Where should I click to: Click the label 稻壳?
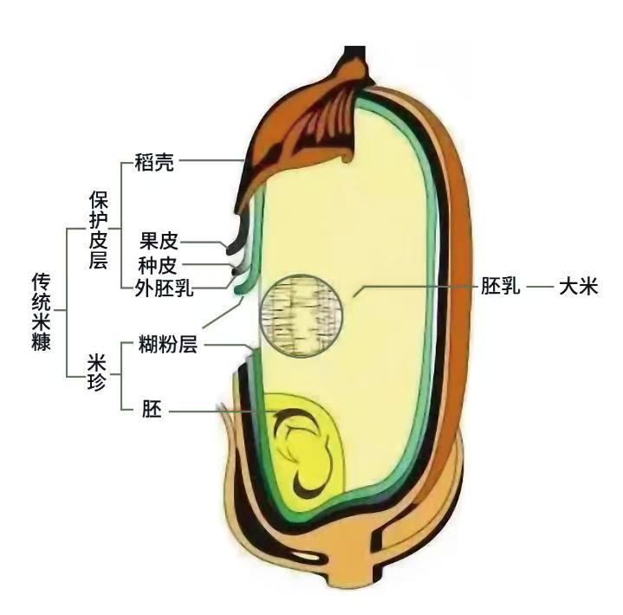click(154, 162)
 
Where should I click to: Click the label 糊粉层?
click(168, 346)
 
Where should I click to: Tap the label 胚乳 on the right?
click(502, 287)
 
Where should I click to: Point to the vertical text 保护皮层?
click(98, 232)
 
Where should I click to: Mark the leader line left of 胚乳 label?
click(416, 287)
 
